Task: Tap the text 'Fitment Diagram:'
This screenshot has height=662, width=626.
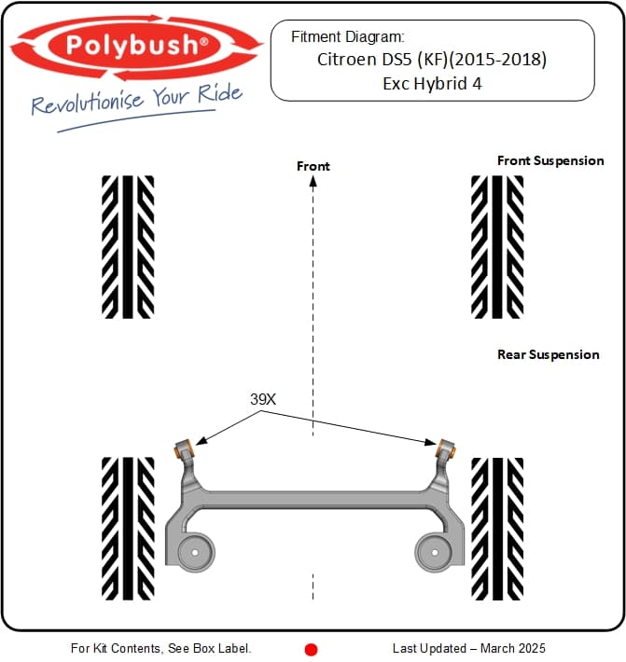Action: tap(347, 37)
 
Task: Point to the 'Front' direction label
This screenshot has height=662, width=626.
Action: tap(313, 166)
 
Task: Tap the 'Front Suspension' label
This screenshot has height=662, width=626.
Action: tap(550, 160)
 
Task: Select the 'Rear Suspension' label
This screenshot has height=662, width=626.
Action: tap(549, 354)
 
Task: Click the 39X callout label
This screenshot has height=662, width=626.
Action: tap(263, 398)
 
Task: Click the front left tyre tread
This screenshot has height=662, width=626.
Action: tap(128, 246)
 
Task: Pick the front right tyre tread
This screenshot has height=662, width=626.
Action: tap(497, 246)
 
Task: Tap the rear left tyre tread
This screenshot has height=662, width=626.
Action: tap(128, 528)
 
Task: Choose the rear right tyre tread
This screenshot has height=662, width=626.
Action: tap(497, 528)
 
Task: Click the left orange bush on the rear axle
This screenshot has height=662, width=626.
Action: tap(183, 443)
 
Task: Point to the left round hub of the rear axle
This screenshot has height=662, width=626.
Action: tap(194, 552)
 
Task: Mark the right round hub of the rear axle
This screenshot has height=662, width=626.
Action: tap(433, 552)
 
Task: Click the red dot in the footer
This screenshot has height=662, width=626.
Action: tap(312, 649)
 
